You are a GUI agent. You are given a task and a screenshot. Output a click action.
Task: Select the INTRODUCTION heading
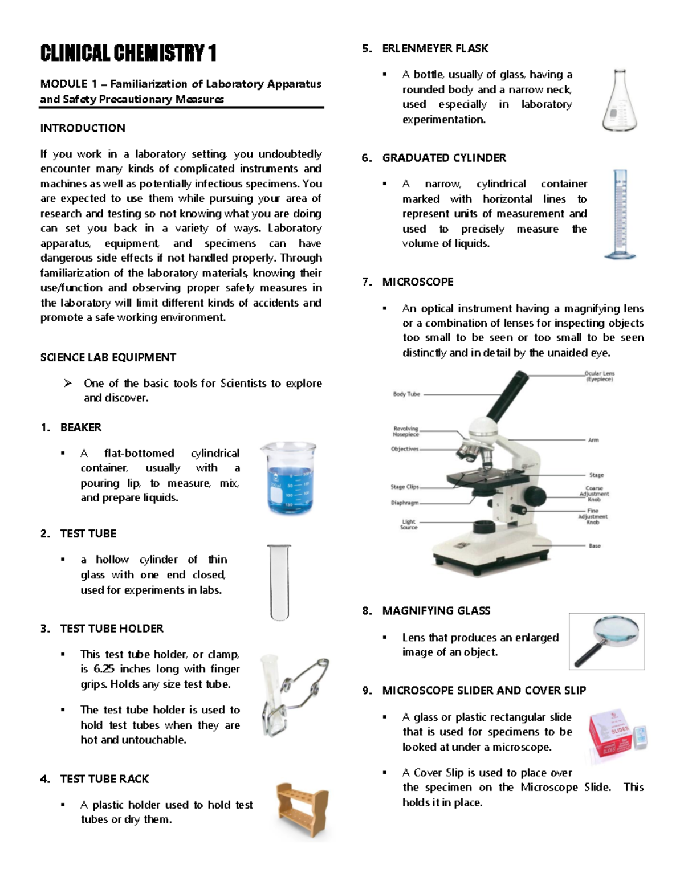click(x=83, y=128)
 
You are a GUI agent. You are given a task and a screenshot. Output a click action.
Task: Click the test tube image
click(x=279, y=582)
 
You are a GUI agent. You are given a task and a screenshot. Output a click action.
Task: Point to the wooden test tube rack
click(x=302, y=810)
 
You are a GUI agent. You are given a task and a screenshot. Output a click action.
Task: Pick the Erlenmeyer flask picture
click(x=620, y=102)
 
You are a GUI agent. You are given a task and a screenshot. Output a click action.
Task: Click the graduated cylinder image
click(x=620, y=214)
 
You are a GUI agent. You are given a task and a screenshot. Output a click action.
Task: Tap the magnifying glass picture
click(x=606, y=641)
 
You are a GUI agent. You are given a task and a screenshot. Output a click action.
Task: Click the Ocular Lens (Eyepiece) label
click(x=599, y=376)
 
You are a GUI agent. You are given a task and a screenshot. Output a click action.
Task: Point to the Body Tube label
click(x=406, y=394)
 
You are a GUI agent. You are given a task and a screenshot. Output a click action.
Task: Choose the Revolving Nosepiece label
click(x=406, y=431)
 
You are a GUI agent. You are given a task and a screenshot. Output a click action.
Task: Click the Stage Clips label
click(x=405, y=487)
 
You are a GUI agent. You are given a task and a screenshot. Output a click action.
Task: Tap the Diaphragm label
click(x=405, y=503)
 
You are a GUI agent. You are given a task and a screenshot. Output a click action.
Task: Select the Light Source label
click(x=409, y=524)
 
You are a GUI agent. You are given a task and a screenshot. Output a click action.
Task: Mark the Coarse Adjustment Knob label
click(x=594, y=494)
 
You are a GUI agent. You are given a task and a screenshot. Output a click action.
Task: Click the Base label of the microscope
click(x=595, y=546)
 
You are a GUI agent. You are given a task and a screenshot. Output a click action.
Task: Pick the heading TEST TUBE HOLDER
click(x=112, y=629)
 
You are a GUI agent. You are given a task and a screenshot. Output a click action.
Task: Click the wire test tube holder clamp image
click(x=294, y=695)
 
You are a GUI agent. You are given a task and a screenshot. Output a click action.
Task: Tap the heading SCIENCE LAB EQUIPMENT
click(x=108, y=357)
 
